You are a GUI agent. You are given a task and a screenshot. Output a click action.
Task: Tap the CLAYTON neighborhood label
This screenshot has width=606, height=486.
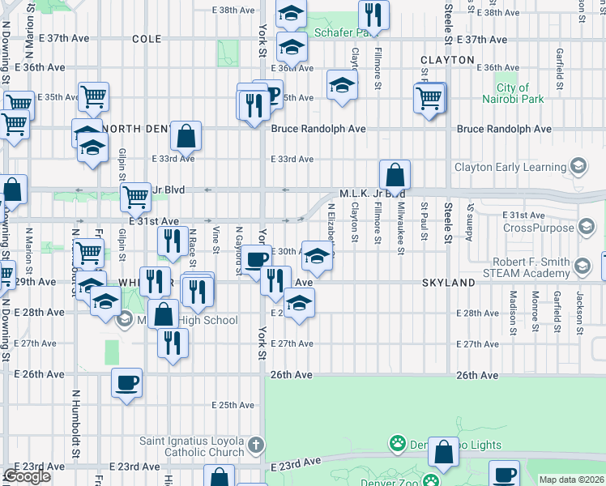coord(447,60)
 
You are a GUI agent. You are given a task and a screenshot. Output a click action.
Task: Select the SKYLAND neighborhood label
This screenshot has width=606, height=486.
coord(447,283)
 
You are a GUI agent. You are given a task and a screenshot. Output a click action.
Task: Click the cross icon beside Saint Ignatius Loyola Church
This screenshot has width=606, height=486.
coord(256,444)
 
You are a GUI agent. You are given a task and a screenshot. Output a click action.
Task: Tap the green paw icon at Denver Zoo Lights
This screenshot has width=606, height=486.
coord(398,444)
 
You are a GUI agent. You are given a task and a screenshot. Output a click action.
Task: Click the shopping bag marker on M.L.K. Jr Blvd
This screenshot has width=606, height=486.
coord(395,174)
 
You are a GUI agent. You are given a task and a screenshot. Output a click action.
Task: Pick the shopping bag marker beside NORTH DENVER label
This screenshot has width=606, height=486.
coord(186,136)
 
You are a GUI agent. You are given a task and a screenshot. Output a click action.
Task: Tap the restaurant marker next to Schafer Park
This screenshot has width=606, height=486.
coord(373,14)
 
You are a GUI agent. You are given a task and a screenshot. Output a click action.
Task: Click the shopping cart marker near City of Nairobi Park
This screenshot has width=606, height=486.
coord(429,99)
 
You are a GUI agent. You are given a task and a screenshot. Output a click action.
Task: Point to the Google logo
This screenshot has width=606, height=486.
coord(27,477)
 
